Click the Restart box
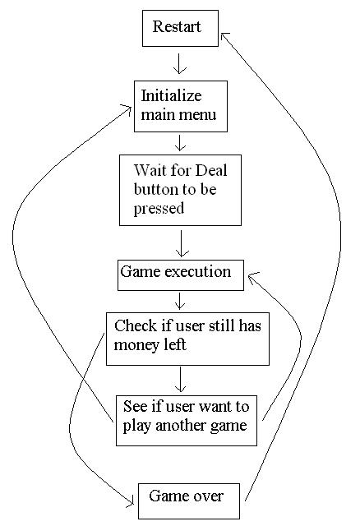tap(180, 28)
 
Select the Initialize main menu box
tap(181, 106)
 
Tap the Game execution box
tap(181, 275)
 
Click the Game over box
tap(189, 501)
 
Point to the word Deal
tap(211, 170)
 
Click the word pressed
tap(159, 209)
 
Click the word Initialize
tap(171, 96)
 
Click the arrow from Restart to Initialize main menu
tap(180, 63)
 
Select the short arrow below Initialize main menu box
tap(181, 142)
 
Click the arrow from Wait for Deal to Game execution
tap(181, 243)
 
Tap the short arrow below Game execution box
tap(180, 301)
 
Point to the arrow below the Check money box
tap(181, 380)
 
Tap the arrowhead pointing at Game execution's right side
tap(252, 277)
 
